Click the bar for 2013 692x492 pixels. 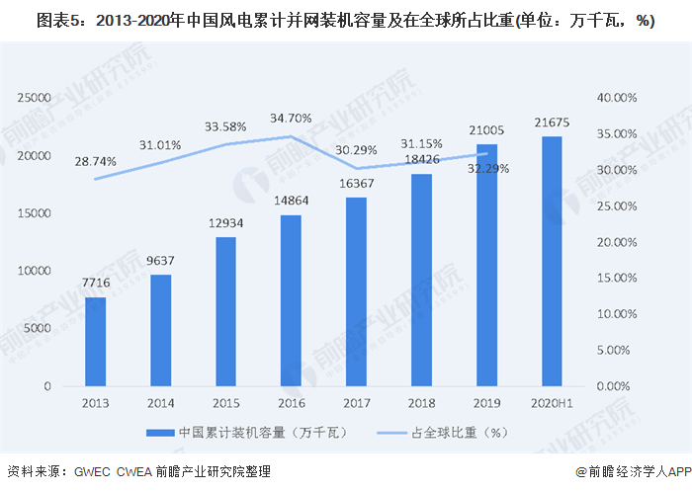pyautogui.click(x=95, y=341)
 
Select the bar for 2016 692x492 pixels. pyautogui.click(x=291, y=300)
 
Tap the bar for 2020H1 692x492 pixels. pyautogui.click(x=552, y=261)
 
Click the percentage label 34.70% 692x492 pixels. pyautogui.click(x=291, y=118)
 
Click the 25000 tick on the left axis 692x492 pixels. pyautogui.click(x=35, y=98)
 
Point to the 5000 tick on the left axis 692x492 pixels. pyautogui.click(x=38, y=328)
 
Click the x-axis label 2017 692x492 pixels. pyautogui.click(x=356, y=403)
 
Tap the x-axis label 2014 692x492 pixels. pyautogui.click(x=160, y=403)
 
